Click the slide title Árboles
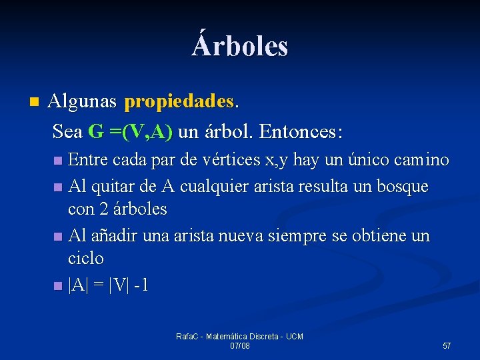pyautogui.click(x=240, y=46)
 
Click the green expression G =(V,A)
pyautogui.click(x=131, y=131)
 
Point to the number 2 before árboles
pyautogui.click(x=104, y=209)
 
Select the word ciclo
pyautogui.click(x=86, y=259)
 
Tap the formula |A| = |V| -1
pyautogui.click(x=108, y=285)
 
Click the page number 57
pyautogui.click(x=447, y=345)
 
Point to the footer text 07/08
pyautogui.click(x=239, y=346)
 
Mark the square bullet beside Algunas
pyautogui.click(x=35, y=103)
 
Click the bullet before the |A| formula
pyautogui.click(x=57, y=286)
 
